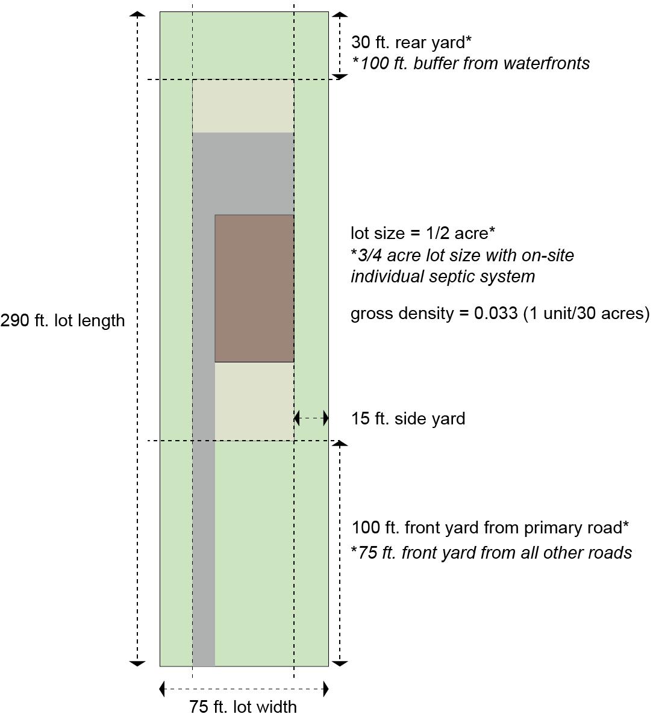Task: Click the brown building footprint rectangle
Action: coord(254,288)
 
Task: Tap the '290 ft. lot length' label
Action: coord(63,320)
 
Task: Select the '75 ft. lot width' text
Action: coord(243,706)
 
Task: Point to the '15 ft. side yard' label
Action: coord(408,418)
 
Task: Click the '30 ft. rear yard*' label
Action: coord(411,42)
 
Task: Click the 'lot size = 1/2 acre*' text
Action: coord(423,233)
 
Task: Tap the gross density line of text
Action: coord(500,313)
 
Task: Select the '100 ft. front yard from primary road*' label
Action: coord(490,527)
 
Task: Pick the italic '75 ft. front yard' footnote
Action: coord(492,553)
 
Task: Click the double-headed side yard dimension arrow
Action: coord(311,417)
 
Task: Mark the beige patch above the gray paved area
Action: coord(243,106)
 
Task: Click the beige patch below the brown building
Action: coord(254,400)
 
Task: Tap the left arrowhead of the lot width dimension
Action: coord(163,689)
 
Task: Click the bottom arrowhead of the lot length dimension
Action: coord(137,663)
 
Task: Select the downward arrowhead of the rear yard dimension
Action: coord(340,76)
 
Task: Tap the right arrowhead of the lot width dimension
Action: coord(326,689)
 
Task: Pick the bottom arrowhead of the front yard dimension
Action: coord(340,663)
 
